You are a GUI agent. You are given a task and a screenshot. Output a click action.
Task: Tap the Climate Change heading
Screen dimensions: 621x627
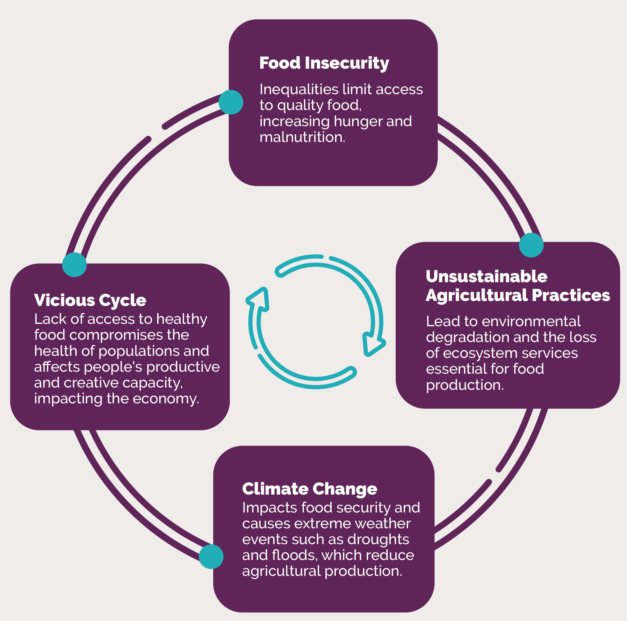click(309, 489)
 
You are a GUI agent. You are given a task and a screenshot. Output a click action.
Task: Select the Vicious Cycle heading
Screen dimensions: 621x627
click(90, 300)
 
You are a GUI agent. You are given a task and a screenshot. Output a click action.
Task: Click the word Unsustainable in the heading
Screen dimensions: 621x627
click(486, 276)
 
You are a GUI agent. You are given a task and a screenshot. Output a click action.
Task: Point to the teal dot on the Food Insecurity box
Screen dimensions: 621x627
click(231, 102)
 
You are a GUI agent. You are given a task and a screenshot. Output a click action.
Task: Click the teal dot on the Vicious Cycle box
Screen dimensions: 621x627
click(74, 265)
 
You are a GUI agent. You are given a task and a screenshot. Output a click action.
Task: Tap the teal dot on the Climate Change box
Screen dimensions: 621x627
click(211, 556)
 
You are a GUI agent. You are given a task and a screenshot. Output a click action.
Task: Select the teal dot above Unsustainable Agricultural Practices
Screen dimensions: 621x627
click(531, 245)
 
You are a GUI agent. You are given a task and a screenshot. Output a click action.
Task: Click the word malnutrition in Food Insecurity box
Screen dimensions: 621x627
click(302, 137)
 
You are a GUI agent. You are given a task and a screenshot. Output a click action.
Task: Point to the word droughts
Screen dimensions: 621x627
click(378, 539)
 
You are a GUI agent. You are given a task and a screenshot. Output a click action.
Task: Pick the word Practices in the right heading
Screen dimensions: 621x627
click(571, 295)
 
